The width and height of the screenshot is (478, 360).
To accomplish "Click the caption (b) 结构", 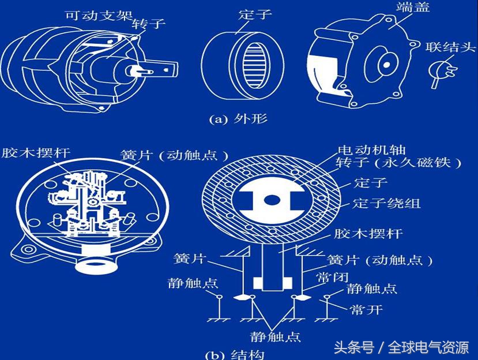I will click(238, 353).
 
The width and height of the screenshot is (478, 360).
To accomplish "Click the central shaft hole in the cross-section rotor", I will click(271, 200).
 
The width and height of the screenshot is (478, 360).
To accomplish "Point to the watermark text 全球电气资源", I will click(428, 347).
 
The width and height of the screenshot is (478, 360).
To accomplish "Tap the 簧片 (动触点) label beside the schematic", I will click(380, 260).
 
